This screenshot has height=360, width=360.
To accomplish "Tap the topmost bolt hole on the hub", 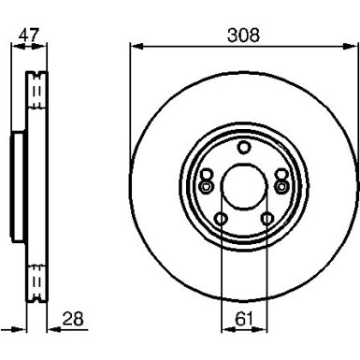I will click(x=243, y=146).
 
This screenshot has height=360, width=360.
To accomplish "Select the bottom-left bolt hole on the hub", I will click(x=222, y=220).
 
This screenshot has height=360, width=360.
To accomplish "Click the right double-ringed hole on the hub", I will click(x=280, y=186).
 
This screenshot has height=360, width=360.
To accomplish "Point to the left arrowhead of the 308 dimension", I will click(x=133, y=47).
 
